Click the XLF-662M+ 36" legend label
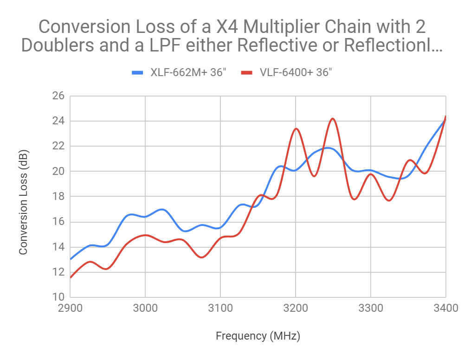[x=188, y=72]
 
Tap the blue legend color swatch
[x=138, y=72]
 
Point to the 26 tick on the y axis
[x=59, y=96]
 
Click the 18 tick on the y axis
[x=59, y=197]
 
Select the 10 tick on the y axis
[x=59, y=297]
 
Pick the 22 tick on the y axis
[x=59, y=146]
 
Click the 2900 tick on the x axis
[x=70, y=308]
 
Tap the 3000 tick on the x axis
[x=145, y=308]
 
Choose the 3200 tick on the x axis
[x=296, y=308]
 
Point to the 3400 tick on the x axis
[x=445, y=308]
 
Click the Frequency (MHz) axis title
[x=258, y=336]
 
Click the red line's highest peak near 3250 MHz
[x=333, y=119]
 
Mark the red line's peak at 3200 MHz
[x=296, y=129]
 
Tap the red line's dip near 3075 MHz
[x=201, y=257]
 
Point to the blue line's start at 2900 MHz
[x=71, y=259]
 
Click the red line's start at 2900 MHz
[x=71, y=277]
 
